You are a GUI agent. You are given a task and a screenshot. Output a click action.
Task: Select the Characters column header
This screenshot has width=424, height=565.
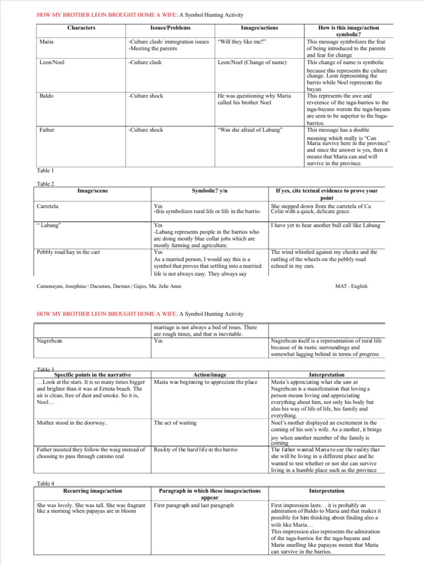tap(81, 28)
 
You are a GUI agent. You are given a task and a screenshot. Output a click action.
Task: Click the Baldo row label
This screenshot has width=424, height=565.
tap(46, 96)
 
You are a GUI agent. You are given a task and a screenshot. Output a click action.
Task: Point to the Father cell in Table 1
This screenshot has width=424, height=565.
tap(47, 130)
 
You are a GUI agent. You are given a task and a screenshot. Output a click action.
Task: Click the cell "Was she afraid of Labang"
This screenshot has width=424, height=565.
tap(251, 130)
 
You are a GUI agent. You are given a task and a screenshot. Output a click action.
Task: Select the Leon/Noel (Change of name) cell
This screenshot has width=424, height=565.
tap(252, 62)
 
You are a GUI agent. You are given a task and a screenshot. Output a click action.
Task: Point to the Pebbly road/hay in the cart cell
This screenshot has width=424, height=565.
tap(68, 252)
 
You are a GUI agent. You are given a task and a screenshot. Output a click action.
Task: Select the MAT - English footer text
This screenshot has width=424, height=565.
tap(351, 286)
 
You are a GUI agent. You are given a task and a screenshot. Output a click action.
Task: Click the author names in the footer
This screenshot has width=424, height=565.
tap(109, 286)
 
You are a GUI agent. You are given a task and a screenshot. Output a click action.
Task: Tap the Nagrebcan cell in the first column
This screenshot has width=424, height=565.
tap(50, 340)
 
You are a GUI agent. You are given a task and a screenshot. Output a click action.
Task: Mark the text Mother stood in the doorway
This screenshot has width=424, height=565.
tap(72, 423)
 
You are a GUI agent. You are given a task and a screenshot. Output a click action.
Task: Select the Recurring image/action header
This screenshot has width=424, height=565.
tap(92, 491)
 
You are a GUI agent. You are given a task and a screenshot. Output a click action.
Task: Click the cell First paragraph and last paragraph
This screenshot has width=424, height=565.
tap(194, 505)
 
